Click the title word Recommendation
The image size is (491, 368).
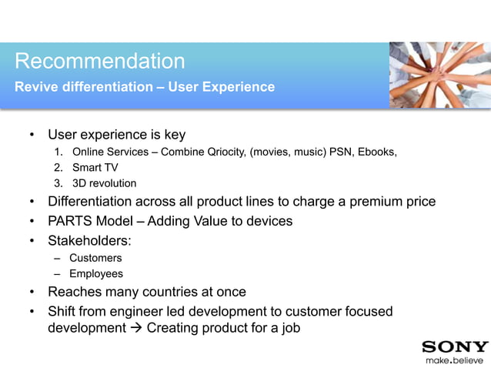100,61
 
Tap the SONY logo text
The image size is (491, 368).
455,346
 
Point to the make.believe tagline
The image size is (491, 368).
455,360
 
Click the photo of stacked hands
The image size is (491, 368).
439,75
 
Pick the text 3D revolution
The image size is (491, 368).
104,183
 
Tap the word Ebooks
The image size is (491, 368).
377,152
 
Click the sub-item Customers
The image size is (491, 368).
95,258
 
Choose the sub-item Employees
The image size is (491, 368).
96,273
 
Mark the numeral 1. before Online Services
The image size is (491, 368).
58,152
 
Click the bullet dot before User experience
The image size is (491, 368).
32,135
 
